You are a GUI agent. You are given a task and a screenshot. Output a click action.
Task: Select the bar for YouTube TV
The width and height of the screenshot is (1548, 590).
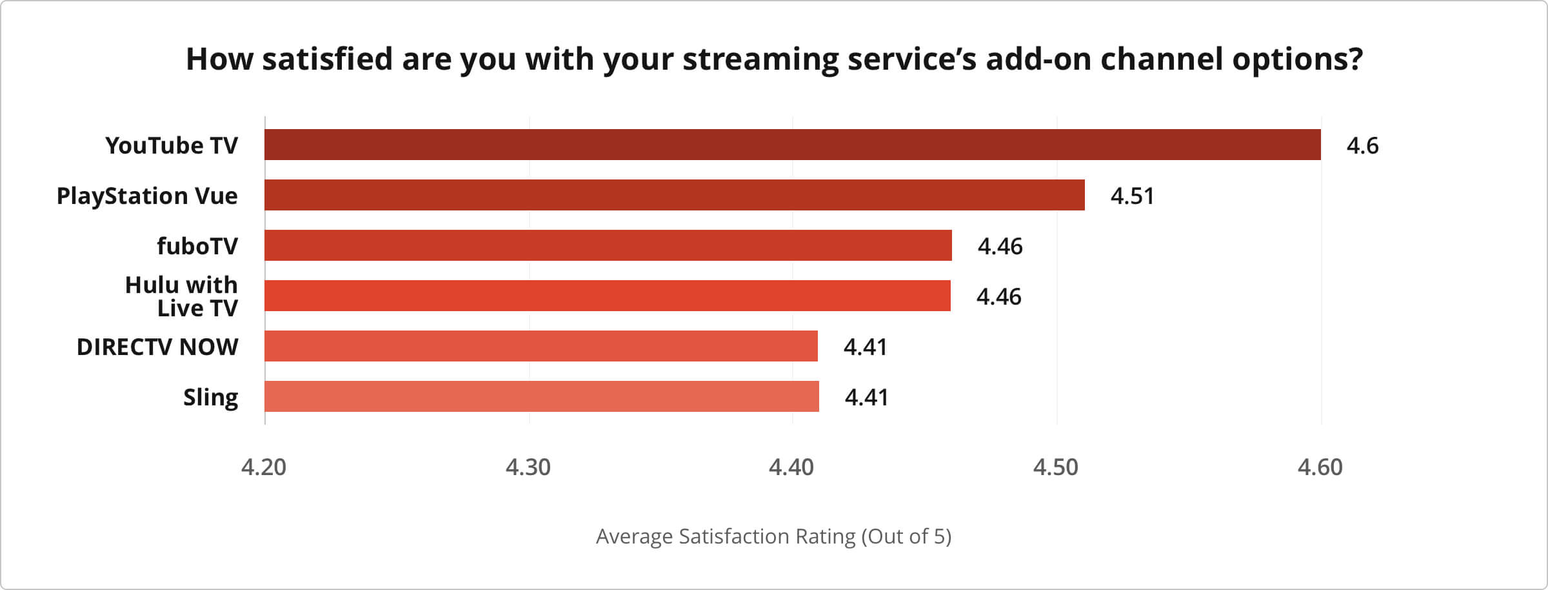tap(792, 145)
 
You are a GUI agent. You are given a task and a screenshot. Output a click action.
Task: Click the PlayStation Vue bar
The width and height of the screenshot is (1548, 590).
tap(674, 195)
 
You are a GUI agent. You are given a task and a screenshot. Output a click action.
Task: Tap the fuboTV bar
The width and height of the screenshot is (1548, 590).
tap(608, 245)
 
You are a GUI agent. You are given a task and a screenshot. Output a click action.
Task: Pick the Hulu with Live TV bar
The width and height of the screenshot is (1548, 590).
tap(607, 296)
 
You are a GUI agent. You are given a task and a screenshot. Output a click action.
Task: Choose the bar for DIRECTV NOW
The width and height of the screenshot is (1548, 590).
tap(541, 346)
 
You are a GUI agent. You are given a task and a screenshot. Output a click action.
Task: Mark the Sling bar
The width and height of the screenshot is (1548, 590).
tap(541, 396)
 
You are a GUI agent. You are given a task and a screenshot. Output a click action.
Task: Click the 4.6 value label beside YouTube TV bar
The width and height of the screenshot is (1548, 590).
tap(1362, 146)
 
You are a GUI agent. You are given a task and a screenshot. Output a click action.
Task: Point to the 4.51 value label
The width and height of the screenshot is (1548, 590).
tap(1132, 196)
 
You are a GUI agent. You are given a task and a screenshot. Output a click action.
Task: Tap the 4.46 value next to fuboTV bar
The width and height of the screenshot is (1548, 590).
tap(1000, 247)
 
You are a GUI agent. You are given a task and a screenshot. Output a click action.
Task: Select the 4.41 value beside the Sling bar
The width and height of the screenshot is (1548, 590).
tap(866, 398)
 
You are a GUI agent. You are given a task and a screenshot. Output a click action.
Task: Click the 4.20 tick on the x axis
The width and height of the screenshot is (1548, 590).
tap(264, 467)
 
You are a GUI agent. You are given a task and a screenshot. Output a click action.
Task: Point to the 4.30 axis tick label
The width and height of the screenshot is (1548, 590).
tap(528, 467)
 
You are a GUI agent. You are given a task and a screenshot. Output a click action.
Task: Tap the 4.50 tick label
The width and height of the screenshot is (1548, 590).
tap(1055, 467)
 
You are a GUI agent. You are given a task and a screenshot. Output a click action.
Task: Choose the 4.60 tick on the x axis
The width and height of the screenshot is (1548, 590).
tap(1320, 467)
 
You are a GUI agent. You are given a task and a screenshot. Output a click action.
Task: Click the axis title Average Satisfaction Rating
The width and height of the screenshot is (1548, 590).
tap(773, 536)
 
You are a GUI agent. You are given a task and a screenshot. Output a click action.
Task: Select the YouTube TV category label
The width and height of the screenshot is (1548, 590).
tap(172, 146)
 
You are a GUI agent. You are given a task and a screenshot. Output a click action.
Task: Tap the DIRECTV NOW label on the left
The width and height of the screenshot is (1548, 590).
tap(157, 347)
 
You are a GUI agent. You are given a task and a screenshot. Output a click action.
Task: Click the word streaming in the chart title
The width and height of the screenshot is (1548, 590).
tap(761, 59)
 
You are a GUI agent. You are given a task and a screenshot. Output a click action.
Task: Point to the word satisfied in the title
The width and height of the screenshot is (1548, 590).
tap(328, 59)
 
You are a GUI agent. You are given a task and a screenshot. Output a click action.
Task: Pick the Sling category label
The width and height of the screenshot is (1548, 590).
tap(210, 398)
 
